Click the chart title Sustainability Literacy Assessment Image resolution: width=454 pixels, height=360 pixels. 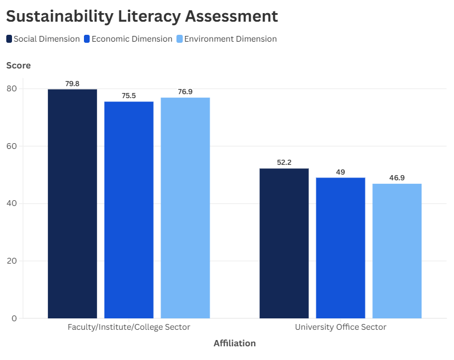(142, 16)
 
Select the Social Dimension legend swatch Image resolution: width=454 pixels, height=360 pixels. (9, 39)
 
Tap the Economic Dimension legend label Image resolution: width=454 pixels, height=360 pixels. (132, 39)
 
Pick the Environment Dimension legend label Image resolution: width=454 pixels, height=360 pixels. (230, 39)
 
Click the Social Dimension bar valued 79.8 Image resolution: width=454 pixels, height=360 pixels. (72, 204)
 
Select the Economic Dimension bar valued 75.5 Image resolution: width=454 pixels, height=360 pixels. (128, 209)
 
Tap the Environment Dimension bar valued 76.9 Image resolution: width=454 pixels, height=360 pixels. (185, 208)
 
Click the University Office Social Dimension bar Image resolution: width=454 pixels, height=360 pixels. (284, 243)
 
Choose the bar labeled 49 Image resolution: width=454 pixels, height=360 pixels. (340, 248)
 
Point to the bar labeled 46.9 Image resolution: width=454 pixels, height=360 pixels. (397, 250)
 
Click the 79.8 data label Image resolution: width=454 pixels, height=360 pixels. (72, 83)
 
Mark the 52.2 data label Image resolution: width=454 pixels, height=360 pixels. (284, 163)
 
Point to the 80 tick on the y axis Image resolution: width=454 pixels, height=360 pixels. (12, 88)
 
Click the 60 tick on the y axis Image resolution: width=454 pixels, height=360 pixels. (12, 146)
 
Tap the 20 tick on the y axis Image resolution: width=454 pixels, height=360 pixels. (12, 261)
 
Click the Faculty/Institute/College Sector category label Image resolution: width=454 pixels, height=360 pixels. (128, 327)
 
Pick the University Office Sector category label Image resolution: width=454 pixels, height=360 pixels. (340, 327)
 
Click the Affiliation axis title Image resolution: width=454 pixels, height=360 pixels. (235, 343)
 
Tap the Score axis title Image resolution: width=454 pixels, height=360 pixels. (18, 66)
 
